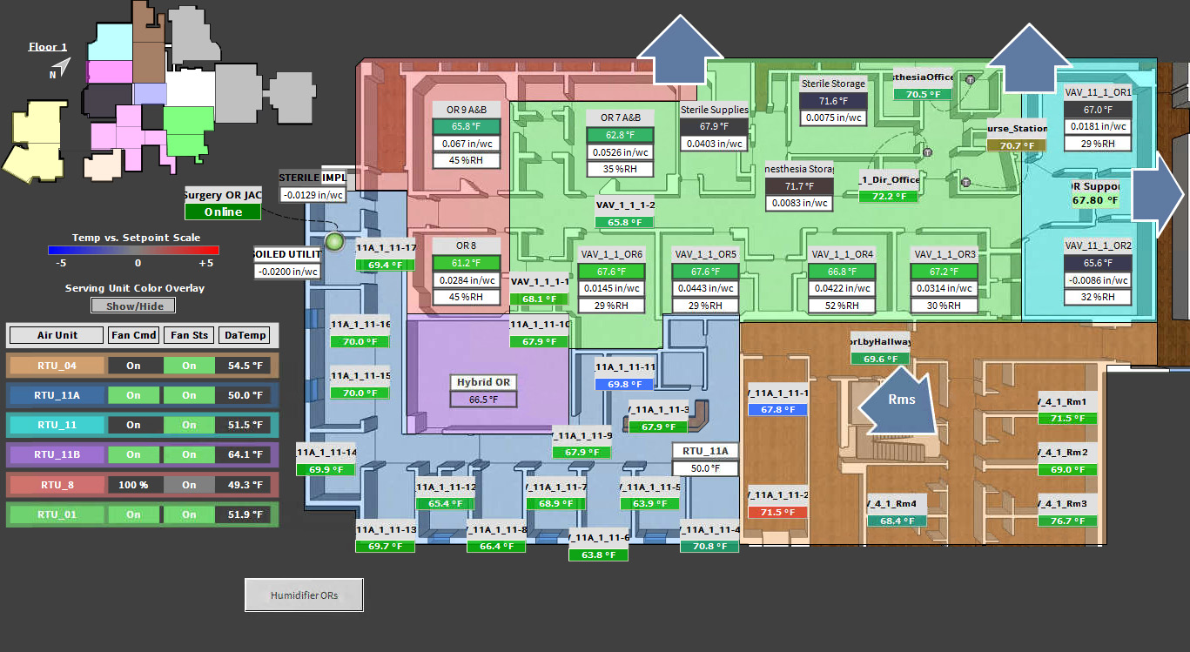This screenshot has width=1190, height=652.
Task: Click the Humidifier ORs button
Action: tap(304, 595)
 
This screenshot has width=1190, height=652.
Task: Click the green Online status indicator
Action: tap(223, 212)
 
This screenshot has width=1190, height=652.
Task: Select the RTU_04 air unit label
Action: tap(57, 366)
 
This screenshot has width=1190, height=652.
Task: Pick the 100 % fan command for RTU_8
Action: tap(133, 485)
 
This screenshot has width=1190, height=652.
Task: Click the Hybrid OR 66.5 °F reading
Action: tap(483, 400)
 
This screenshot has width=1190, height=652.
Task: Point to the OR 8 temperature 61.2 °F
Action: tap(467, 263)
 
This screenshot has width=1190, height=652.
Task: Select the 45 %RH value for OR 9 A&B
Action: tap(467, 160)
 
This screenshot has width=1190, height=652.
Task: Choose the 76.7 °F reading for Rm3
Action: tap(1067, 521)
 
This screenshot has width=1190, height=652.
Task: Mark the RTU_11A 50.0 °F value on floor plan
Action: tap(705, 468)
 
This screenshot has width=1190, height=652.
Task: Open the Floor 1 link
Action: tap(48, 47)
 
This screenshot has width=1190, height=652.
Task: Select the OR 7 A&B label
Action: tap(620, 118)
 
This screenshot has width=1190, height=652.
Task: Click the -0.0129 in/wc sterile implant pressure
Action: tap(313, 195)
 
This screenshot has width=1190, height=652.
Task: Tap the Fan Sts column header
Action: tap(189, 335)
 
